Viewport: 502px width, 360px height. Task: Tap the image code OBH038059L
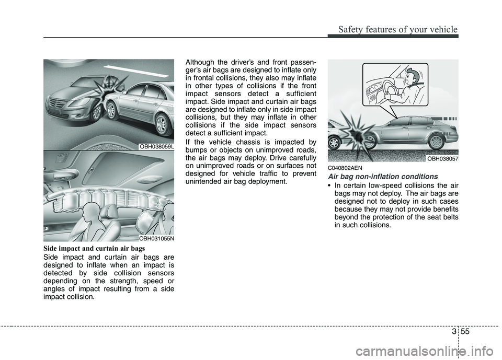click(156, 147)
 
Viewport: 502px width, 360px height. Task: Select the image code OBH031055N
click(156, 238)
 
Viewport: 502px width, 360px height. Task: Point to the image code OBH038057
click(442, 158)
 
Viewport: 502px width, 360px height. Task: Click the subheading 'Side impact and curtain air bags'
click(90, 249)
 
